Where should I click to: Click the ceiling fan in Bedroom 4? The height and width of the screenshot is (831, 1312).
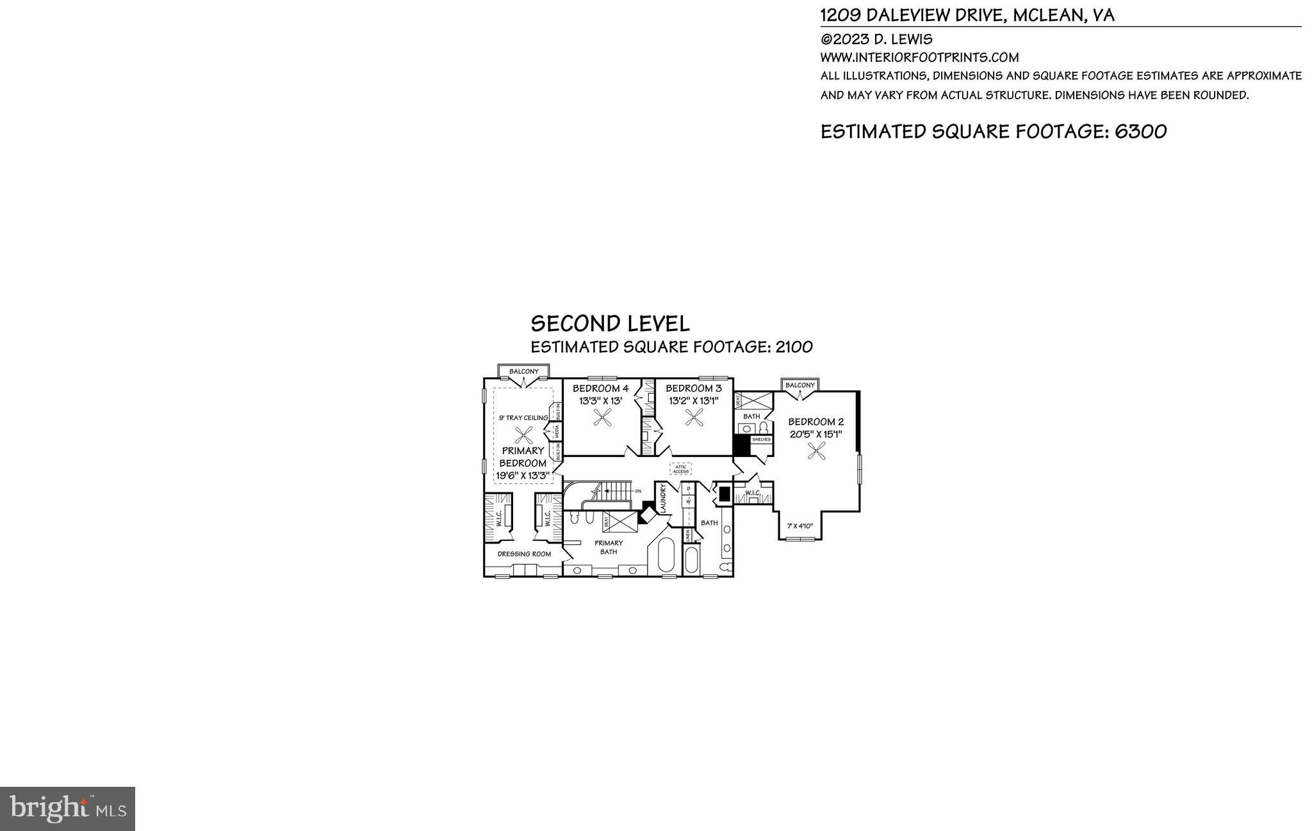602,418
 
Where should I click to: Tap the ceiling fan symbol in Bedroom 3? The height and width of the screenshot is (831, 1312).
694,418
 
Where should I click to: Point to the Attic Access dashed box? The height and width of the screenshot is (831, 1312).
680,469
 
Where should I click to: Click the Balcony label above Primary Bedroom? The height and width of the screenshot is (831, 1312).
524,371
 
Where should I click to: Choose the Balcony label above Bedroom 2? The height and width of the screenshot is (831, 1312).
800,385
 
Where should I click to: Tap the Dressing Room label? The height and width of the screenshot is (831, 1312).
524,554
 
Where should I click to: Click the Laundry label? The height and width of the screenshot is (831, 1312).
664,497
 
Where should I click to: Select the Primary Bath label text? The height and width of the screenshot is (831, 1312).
608,547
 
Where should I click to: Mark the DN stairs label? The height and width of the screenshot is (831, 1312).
638,490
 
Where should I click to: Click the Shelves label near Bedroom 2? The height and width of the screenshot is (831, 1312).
761,440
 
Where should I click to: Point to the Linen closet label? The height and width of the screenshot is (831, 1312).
688,536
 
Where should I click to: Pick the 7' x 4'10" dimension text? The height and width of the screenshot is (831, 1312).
799,526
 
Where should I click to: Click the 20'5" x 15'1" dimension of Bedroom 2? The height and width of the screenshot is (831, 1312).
816,434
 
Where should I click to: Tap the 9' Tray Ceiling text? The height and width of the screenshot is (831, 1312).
523,418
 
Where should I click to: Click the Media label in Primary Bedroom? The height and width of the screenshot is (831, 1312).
557,430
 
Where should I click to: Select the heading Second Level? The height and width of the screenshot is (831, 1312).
610,323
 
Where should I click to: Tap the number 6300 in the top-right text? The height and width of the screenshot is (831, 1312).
1140,131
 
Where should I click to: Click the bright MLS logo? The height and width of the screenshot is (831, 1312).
67,809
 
